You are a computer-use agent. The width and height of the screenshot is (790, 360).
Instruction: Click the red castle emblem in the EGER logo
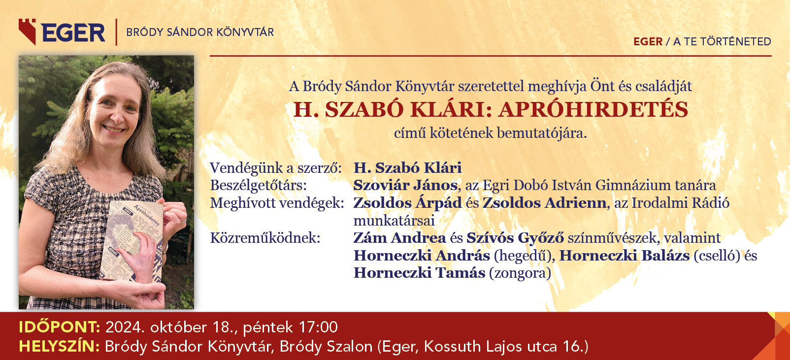click(27, 32)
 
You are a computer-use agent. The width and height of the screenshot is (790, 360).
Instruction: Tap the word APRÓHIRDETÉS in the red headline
click(593, 109)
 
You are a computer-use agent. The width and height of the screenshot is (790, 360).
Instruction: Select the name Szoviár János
click(405, 185)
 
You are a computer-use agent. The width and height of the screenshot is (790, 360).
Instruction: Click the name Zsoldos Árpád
click(407, 203)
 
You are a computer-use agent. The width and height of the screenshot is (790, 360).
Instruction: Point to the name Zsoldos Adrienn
click(544, 203)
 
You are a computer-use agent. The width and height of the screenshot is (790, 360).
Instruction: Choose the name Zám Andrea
click(399, 238)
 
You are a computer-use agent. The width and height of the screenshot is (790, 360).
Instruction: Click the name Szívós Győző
click(515, 238)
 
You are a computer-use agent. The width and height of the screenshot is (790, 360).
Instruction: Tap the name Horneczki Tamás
click(419, 273)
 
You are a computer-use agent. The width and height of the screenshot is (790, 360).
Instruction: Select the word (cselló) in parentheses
click(717, 256)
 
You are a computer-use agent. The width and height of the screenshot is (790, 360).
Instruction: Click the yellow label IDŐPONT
click(60, 327)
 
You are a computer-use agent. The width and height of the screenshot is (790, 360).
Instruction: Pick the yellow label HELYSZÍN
click(59, 346)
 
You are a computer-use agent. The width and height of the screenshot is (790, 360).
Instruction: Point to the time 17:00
click(318, 327)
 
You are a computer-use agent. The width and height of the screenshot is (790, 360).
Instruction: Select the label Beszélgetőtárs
click(259, 186)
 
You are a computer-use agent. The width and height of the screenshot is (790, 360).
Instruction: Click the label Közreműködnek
click(265, 238)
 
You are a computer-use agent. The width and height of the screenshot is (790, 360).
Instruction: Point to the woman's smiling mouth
click(114, 129)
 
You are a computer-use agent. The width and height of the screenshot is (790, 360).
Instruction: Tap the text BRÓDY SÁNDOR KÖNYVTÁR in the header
click(200, 32)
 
